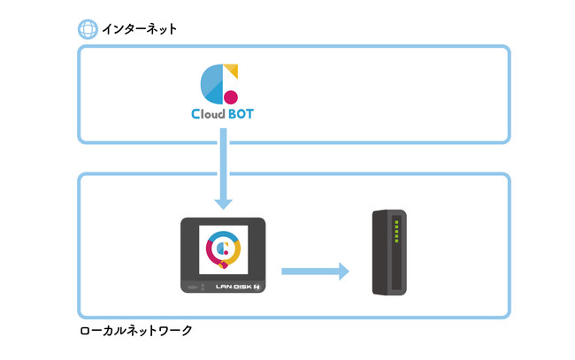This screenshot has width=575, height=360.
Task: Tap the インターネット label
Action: (139, 29)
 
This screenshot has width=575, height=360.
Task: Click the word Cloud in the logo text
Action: (208, 114)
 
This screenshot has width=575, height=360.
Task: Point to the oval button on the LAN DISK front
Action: (192, 287)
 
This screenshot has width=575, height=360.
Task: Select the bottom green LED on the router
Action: (396, 241)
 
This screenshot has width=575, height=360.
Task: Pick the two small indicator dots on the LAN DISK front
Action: (204, 287)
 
